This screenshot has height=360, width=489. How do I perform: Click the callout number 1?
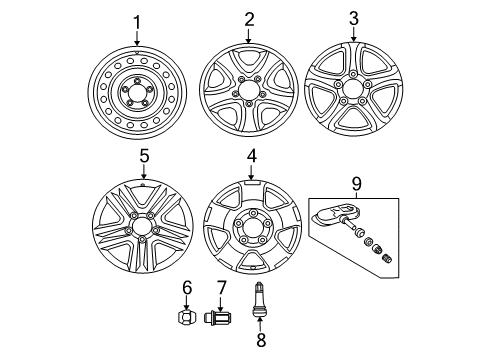pos(137,23)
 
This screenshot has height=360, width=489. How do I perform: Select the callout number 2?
pos(249,20)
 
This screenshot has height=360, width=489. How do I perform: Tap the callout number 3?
pos(354,18)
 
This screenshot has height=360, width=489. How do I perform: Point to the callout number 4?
pos(251,156)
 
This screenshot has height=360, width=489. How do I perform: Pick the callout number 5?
pos(144,156)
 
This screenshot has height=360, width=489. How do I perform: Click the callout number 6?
pos(187,288)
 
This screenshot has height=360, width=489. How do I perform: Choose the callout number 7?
pos(221,288)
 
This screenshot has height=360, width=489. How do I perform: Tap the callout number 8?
pos(261,340)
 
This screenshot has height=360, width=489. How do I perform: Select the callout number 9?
pos(356,184)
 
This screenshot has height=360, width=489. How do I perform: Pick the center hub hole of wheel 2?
pos(247,90)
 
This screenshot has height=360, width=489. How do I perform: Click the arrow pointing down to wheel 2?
pos(248,36)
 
